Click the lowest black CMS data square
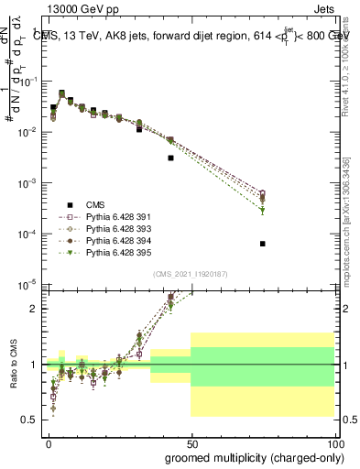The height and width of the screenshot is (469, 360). coord(262,244)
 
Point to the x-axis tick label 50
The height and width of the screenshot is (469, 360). coord(191,444)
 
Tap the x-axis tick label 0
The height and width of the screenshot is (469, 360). coord(49,444)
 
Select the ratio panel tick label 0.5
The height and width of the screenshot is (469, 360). coord(34,420)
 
